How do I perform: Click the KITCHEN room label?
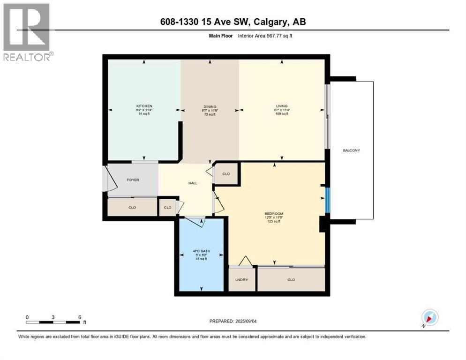point(144,106)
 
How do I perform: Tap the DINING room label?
point(209,106)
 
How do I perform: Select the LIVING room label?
point(282,106)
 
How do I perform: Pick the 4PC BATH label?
point(202,251)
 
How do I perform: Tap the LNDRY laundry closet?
point(241,280)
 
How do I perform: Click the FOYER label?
point(133,180)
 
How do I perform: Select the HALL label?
point(193,183)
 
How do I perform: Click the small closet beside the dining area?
point(226,174)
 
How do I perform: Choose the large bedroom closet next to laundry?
point(291,280)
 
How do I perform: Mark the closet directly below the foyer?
point(132,207)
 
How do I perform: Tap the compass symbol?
point(429,317)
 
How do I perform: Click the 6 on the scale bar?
point(80,317)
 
